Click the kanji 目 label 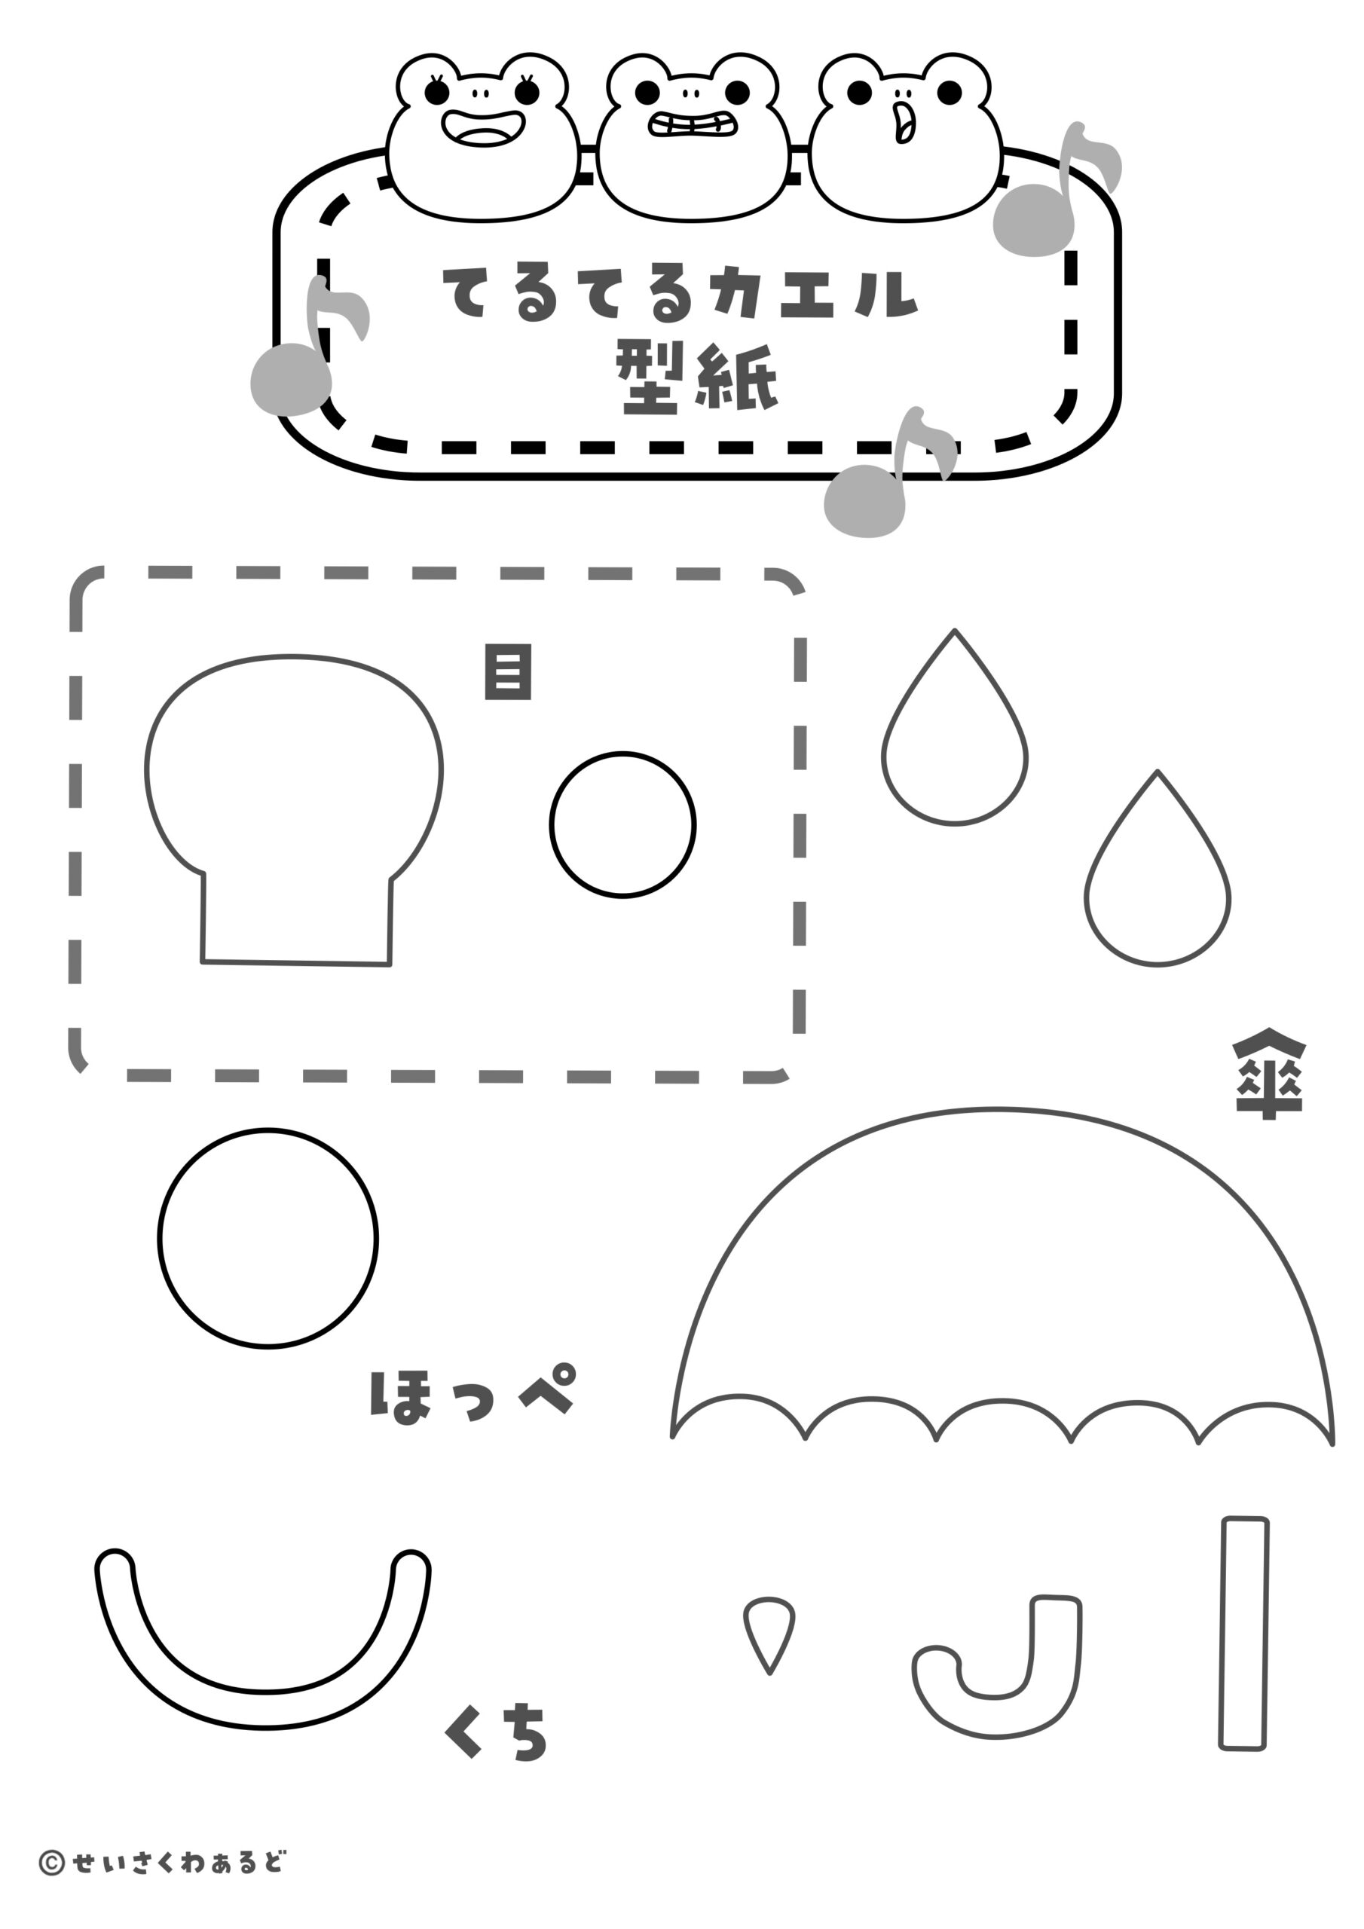coord(508,673)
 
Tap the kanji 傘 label coord(1268,1076)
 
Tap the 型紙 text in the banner coord(697,378)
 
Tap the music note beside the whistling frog coord(1057,190)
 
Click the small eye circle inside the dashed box coord(622,825)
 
